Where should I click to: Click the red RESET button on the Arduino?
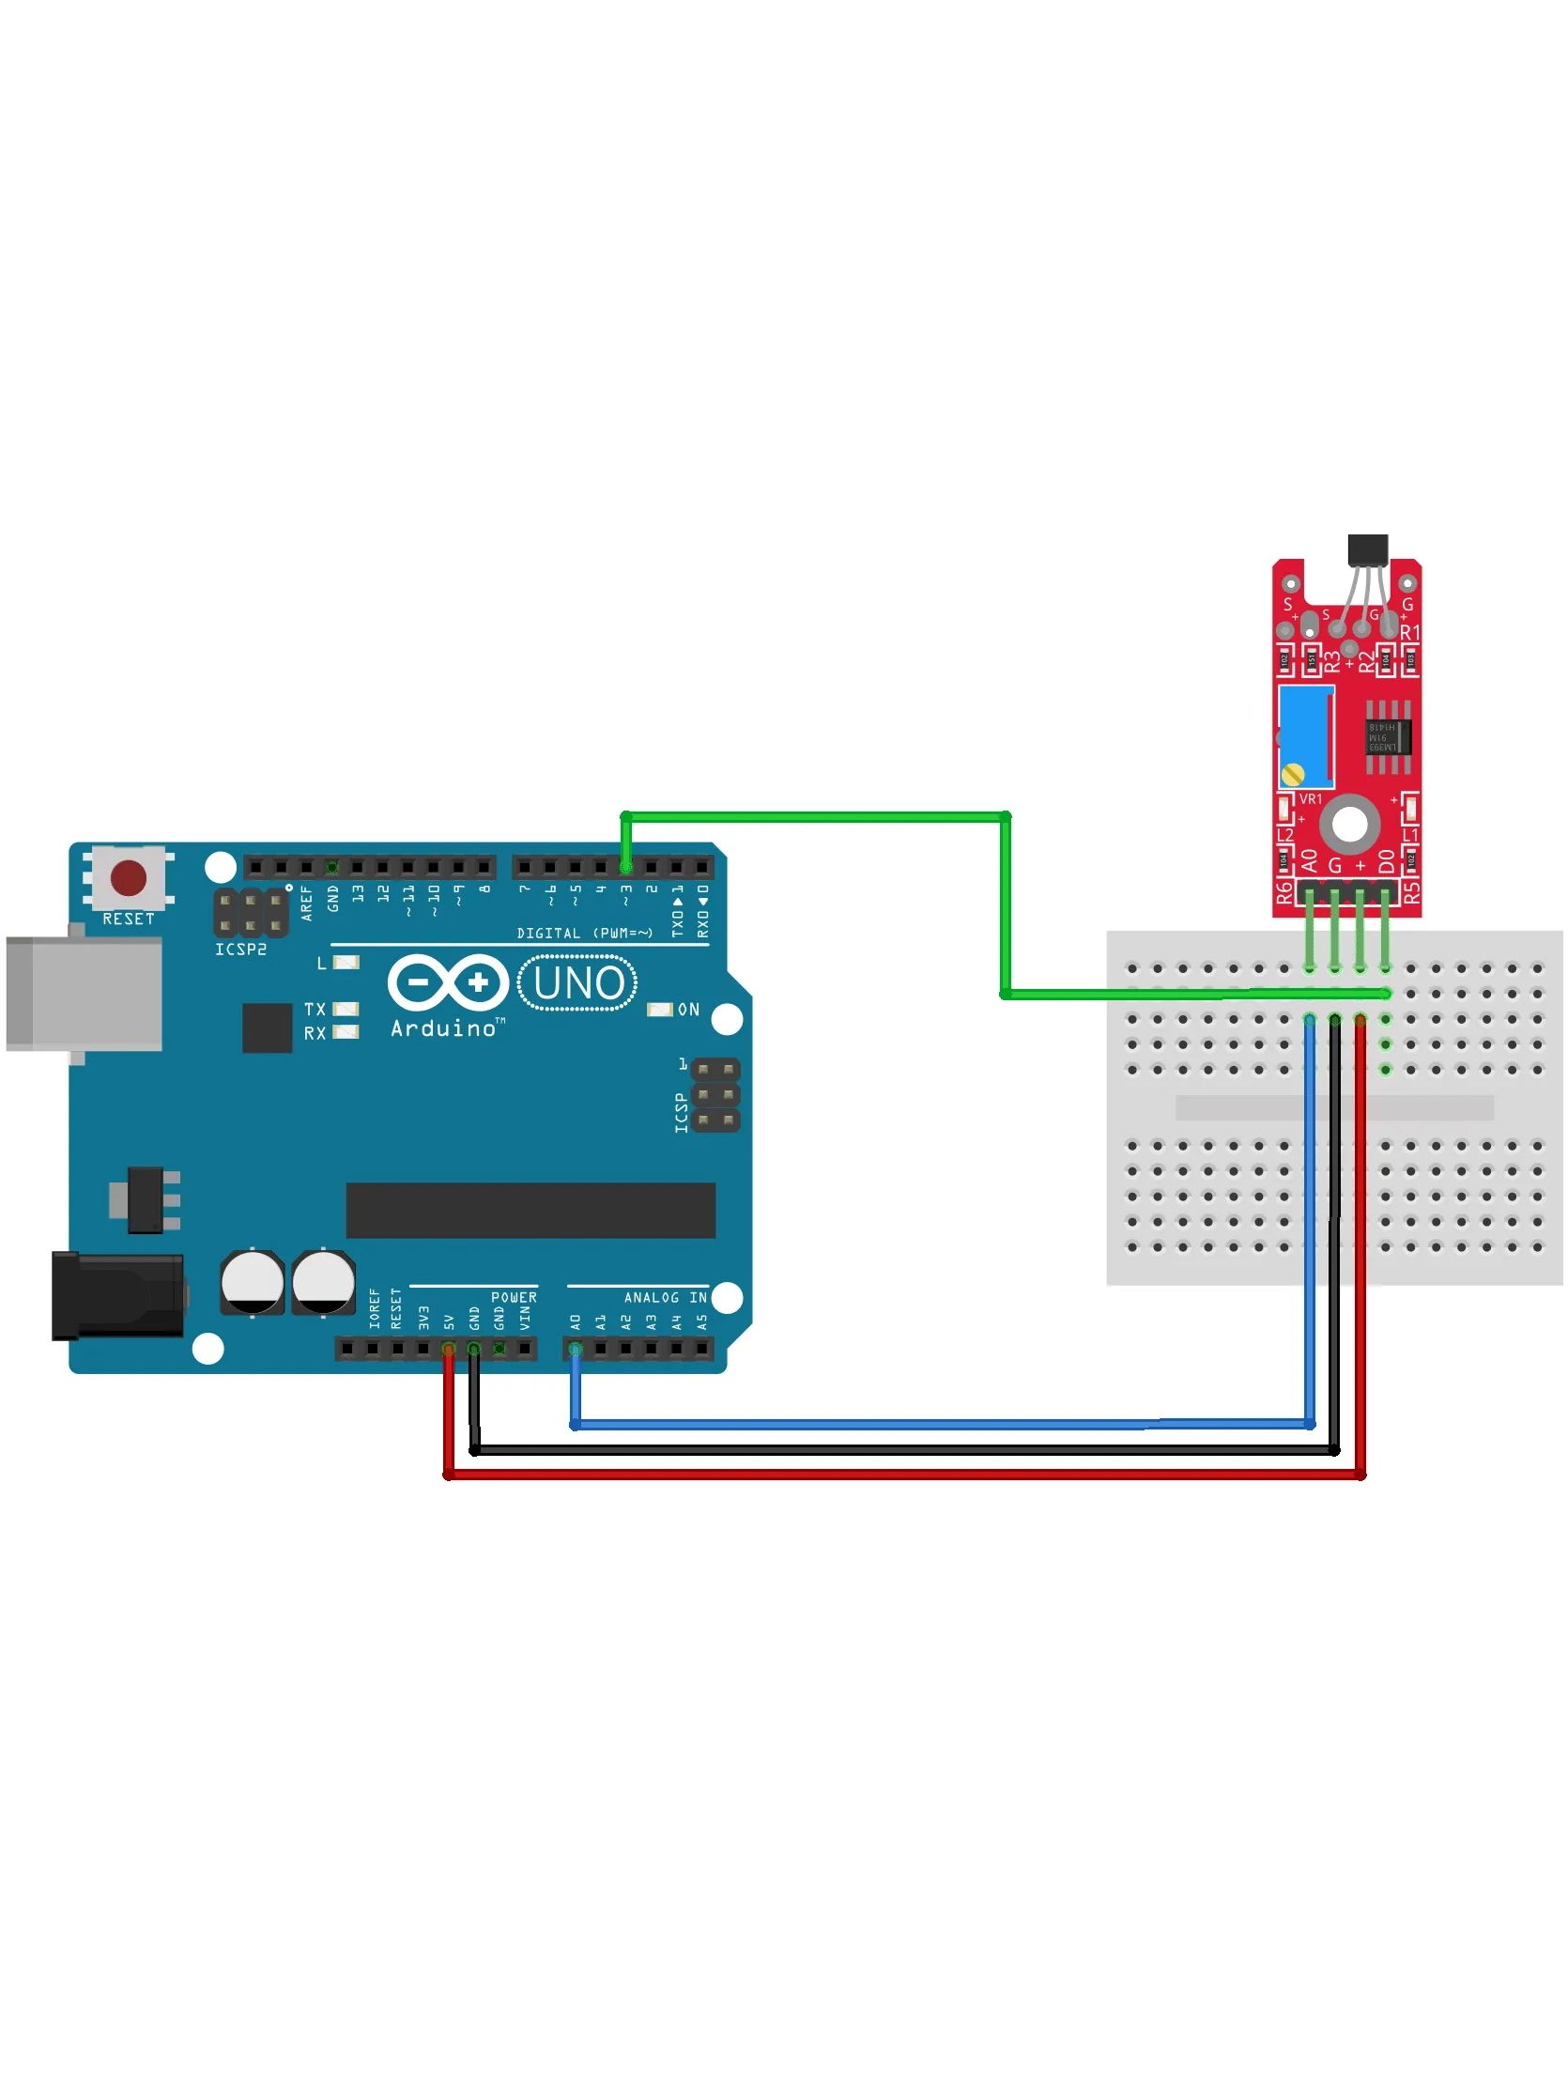click(x=129, y=878)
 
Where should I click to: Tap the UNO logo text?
click(x=578, y=983)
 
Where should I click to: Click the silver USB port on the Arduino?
click(x=83, y=993)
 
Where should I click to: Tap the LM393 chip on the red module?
click(x=1388, y=735)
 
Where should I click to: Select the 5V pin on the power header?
click(x=449, y=1350)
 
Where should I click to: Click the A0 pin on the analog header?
click(x=576, y=1350)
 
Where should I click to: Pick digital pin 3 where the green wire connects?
click(x=626, y=867)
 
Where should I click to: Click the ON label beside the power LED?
click(x=688, y=1010)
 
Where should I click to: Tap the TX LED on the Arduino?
click(x=346, y=1009)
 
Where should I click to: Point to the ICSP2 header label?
click(x=240, y=949)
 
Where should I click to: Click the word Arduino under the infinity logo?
click(x=443, y=1028)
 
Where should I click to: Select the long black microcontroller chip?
click(x=530, y=1210)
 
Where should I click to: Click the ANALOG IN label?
click(x=665, y=1298)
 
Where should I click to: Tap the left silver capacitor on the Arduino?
click(x=252, y=1283)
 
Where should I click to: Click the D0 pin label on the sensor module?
click(x=1385, y=861)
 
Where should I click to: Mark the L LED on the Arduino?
click(x=347, y=963)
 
